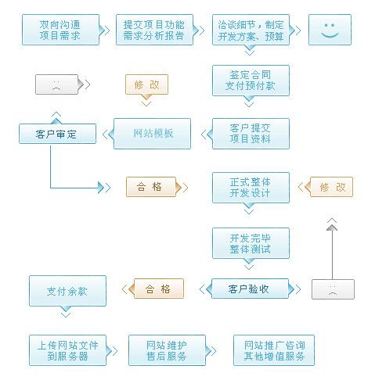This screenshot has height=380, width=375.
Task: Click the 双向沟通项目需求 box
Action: (60, 30)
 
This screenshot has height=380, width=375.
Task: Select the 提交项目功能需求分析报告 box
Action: (153, 30)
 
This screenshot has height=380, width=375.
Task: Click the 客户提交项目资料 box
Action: (250, 134)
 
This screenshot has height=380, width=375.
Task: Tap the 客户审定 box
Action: (58, 134)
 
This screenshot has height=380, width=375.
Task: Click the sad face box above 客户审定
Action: (57, 84)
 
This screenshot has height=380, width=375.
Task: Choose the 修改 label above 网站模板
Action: (147, 84)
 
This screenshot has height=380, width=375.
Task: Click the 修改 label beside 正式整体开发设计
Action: (332, 187)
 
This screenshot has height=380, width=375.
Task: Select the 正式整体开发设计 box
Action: (250, 187)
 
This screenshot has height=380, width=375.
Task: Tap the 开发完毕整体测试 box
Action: (250, 242)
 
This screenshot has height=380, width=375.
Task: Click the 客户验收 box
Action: (249, 289)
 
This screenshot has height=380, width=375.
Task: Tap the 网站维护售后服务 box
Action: (166, 350)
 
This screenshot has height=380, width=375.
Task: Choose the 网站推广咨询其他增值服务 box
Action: (274, 350)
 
